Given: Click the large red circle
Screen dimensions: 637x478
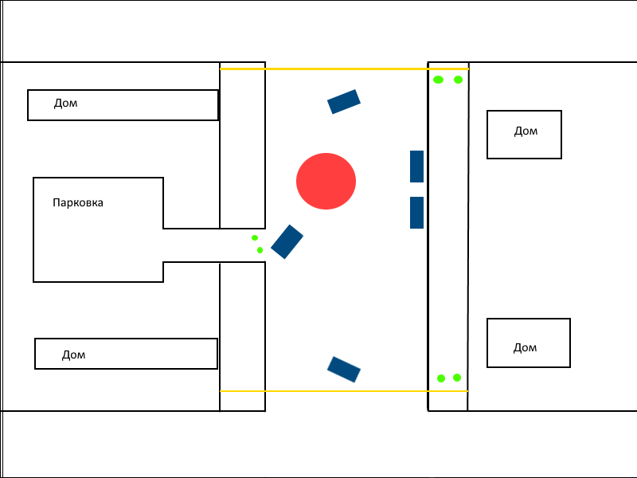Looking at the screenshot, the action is coord(326,182).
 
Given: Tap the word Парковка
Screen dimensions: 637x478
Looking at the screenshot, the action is coord(78,202).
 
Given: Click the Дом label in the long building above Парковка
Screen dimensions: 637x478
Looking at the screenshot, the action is coord(65,104).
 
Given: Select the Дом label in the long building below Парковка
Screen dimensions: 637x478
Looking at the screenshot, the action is coord(73,355).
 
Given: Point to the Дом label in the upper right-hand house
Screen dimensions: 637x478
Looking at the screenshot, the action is coord(526,131).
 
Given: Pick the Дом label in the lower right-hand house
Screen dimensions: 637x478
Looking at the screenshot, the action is coord(525,347).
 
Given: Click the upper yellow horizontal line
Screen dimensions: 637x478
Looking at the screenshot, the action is coord(344,69).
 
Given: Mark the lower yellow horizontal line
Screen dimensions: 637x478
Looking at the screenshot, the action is coord(344,391).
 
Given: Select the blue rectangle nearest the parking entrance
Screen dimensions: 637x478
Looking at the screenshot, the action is coord(287,241).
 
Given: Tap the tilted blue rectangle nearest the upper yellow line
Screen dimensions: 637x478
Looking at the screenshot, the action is coord(344,102).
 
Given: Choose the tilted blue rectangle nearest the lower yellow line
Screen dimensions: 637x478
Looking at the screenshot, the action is coord(344,370).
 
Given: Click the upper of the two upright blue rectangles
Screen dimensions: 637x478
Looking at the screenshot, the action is coord(416,167).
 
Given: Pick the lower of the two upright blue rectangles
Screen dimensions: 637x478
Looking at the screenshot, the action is coord(416,213).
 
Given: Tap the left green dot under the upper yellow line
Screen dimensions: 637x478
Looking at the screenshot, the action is coord(438,80).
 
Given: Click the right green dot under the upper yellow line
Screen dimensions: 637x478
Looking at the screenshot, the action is coord(458,80).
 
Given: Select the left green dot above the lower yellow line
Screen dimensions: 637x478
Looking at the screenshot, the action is coord(441,378).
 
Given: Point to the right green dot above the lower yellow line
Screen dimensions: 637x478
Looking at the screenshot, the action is coord(456,378).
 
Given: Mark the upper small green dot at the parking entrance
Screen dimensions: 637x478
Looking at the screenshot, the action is coord(255,237).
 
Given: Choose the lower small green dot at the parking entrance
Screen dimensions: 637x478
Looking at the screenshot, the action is coord(260,250).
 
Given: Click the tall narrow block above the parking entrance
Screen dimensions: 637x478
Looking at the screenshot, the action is coord(243,146).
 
